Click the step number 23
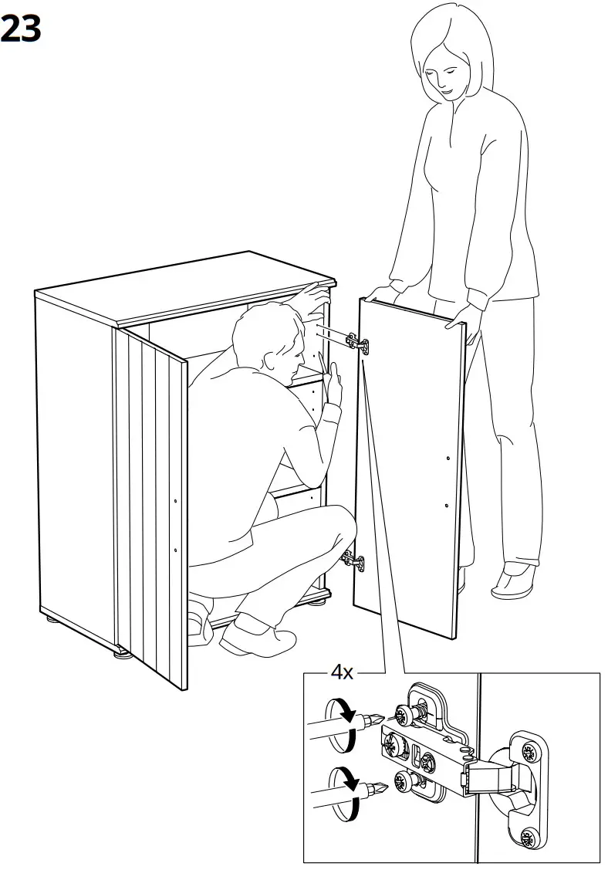[21, 29]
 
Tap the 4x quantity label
[342, 672]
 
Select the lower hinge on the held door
[353, 560]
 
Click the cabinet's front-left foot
[122, 655]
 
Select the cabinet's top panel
[185, 286]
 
